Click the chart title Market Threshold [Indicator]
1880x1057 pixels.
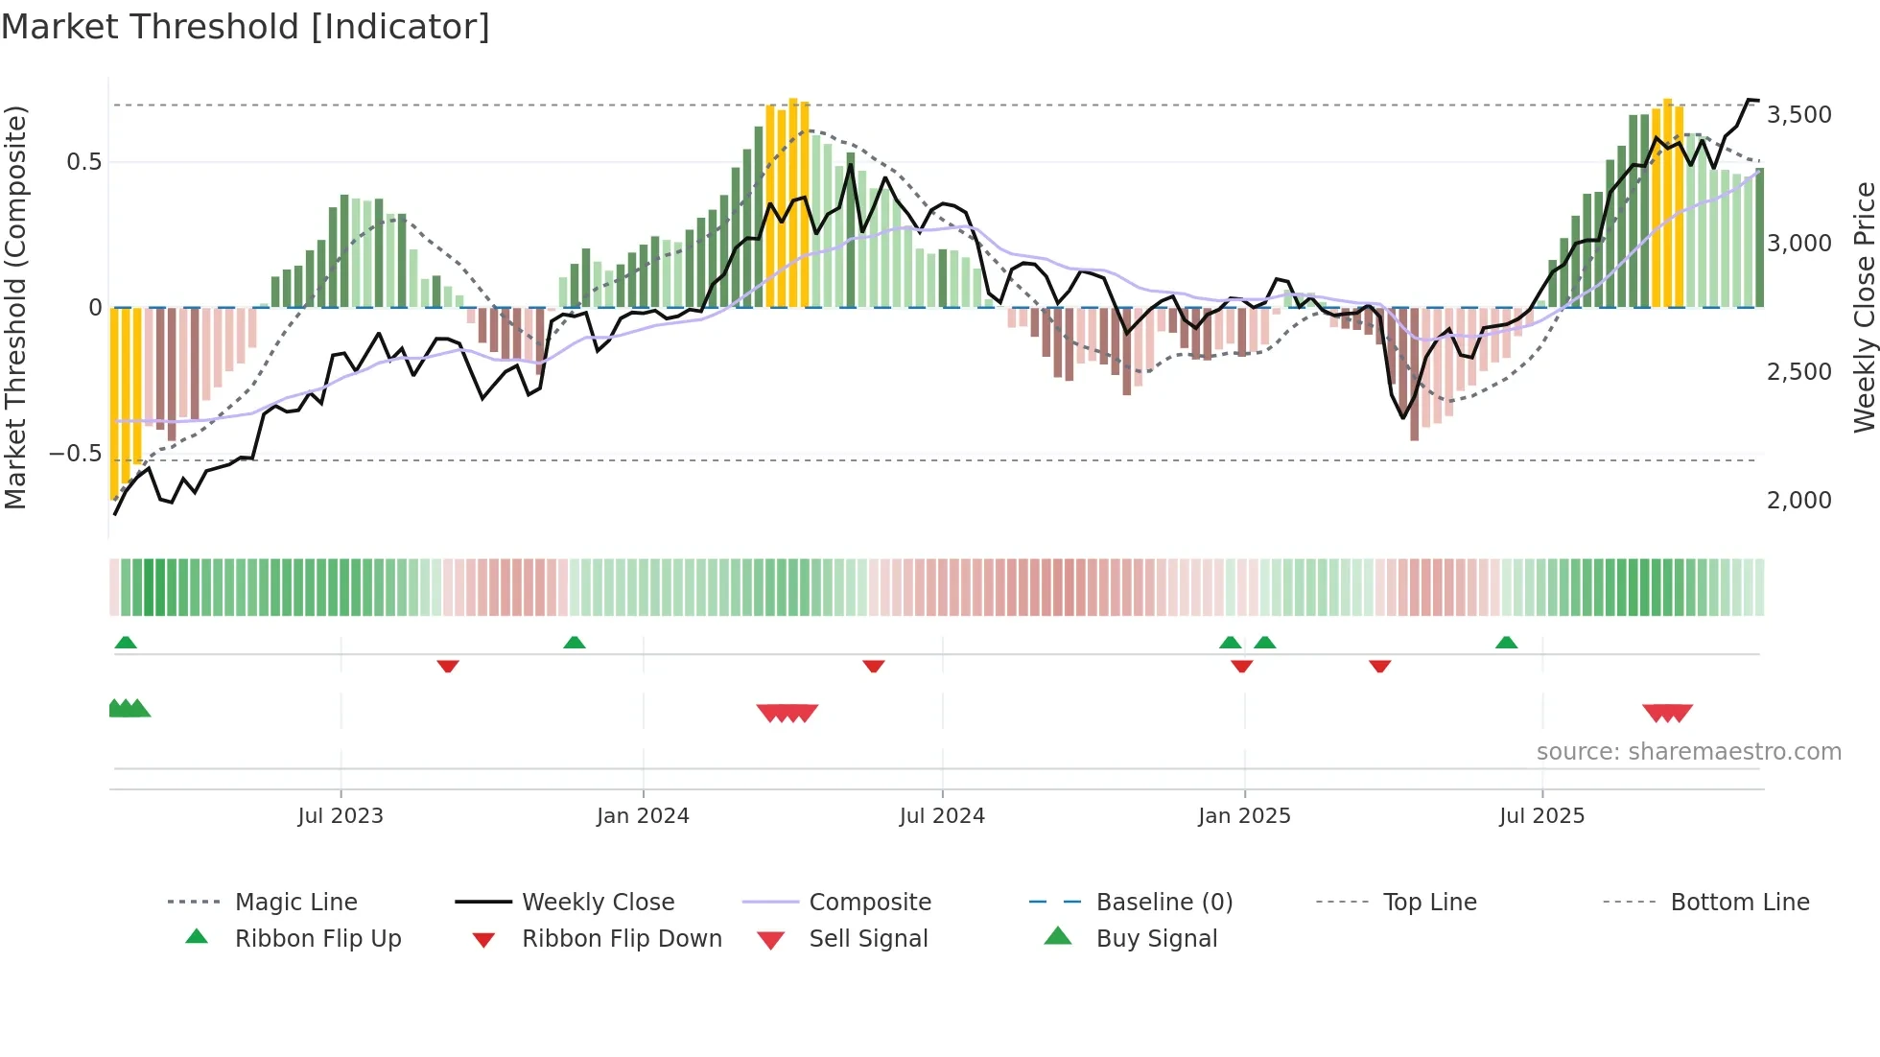point(246,27)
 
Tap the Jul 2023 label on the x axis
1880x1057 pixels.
point(341,816)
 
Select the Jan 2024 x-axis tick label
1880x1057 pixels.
point(643,816)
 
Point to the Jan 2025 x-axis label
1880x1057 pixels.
point(1244,816)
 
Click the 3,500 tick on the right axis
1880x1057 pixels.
point(1799,115)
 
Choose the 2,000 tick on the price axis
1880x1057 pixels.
point(1799,501)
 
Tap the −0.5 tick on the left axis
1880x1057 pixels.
point(75,454)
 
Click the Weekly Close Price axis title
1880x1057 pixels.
point(1864,307)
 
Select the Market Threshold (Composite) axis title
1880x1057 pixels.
point(15,307)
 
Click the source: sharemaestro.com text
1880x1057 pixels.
point(1688,752)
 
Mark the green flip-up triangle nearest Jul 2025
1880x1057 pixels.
point(1506,643)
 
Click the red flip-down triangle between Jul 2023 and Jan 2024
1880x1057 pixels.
point(448,666)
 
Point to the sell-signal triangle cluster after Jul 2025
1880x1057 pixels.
point(1667,713)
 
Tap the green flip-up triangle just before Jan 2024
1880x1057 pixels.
point(575,643)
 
